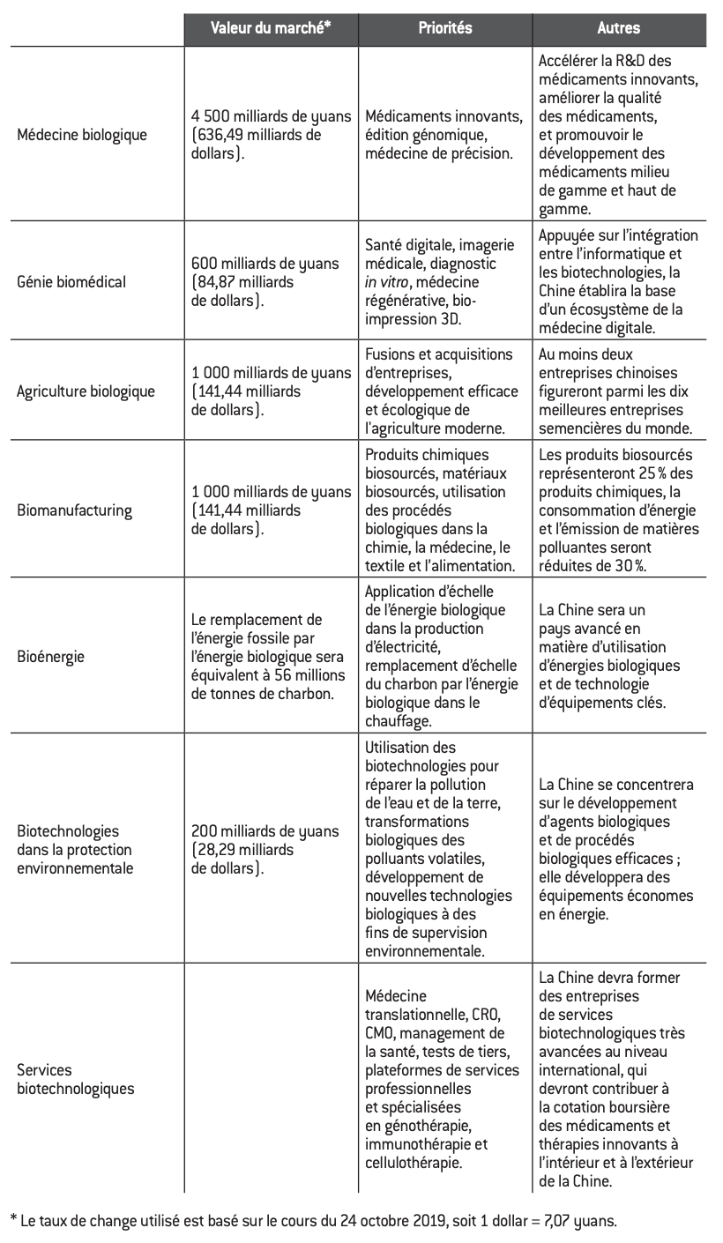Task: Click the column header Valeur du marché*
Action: coord(271,27)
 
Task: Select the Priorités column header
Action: coord(444,27)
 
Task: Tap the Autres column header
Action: coord(619,27)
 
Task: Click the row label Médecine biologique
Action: coord(82,135)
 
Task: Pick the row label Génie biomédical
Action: coord(71,282)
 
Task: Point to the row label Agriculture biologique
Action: coord(86,391)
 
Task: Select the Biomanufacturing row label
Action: coord(74,510)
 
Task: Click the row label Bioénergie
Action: coord(51,657)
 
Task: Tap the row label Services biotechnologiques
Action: coord(76,1079)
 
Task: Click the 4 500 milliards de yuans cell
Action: coord(271,116)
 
